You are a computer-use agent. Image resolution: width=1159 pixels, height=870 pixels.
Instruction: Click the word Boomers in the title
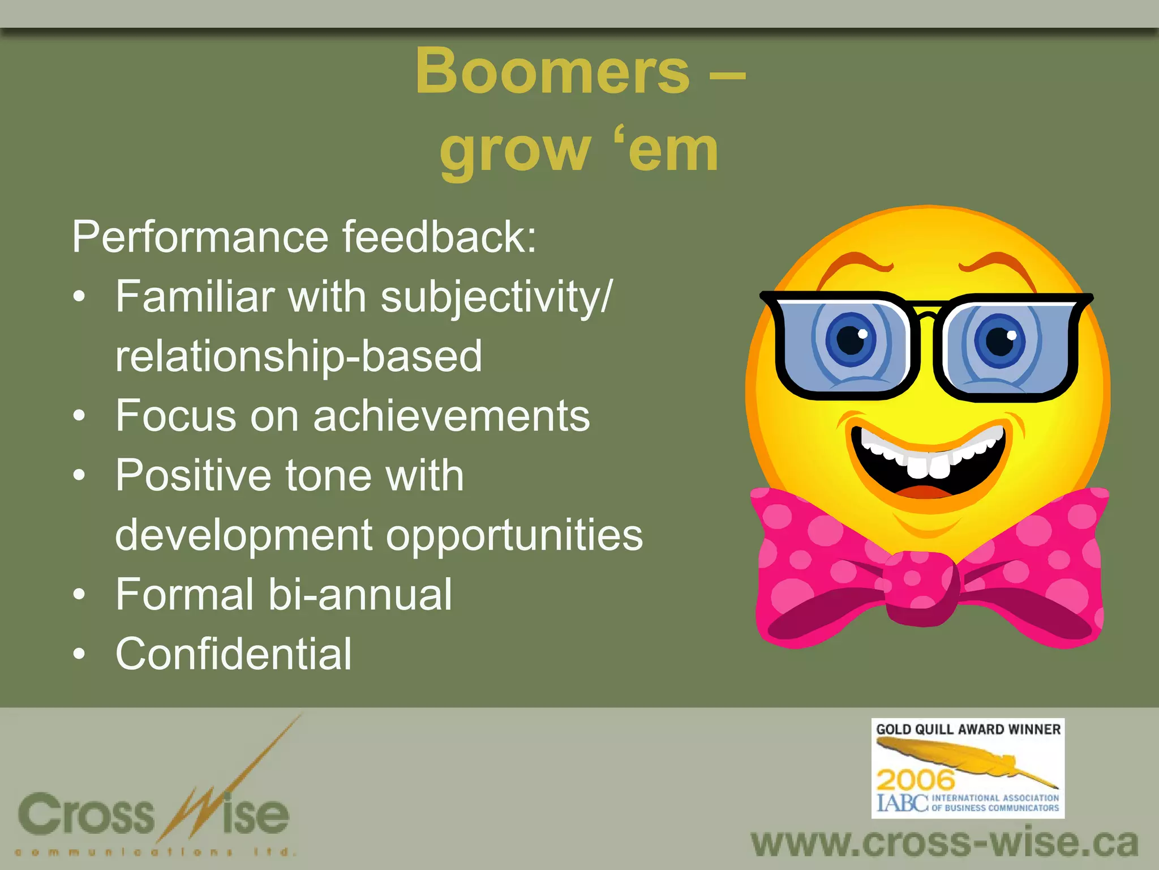(x=552, y=71)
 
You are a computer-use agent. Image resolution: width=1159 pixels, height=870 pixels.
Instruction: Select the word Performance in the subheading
(x=200, y=237)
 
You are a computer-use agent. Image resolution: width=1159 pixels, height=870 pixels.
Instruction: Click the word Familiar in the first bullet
(x=195, y=296)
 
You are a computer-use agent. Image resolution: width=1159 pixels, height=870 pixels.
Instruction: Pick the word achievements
(x=452, y=416)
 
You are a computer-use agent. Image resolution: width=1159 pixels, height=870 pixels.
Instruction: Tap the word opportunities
(x=514, y=535)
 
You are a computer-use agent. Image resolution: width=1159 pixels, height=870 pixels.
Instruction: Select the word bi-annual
(x=360, y=594)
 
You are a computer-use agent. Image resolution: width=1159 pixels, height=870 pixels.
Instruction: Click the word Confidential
(x=234, y=654)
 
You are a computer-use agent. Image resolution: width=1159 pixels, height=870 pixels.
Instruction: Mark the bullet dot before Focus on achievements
(x=79, y=416)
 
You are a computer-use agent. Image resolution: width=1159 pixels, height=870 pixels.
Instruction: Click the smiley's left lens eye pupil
(x=850, y=339)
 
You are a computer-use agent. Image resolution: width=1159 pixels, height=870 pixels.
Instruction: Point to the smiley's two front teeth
(x=929, y=466)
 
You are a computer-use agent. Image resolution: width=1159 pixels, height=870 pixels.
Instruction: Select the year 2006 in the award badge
(x=916, y=781)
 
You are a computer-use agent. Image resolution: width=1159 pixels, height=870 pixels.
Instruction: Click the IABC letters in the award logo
(x=902, y=803)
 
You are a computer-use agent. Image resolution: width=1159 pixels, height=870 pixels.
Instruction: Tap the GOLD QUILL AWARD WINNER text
(x=968, y=730)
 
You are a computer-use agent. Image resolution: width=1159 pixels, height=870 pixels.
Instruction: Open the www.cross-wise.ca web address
(x=945, y=843)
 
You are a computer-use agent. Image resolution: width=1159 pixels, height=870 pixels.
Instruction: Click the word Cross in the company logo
(x=86, y=814)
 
